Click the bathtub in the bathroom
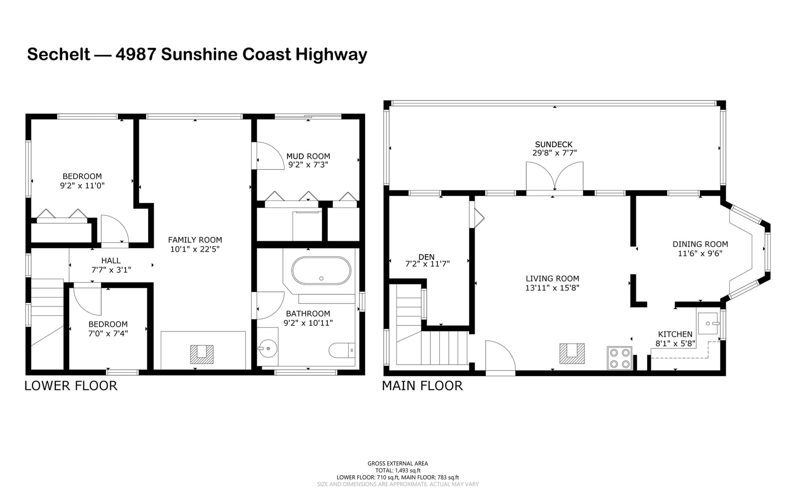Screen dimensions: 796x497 (x=321, y=270)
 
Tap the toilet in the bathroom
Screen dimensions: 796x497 (x=341, y=350)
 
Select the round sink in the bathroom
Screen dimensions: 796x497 (x=267, y=349)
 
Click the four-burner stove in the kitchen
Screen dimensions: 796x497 (x=619, y=358)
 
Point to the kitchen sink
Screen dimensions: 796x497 (x=708, y=323)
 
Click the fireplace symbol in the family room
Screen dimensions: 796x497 (x=202, y=354)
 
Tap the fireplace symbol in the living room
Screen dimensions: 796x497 (x=572, y=353)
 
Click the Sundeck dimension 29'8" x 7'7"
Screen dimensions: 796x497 (x=554, y=153)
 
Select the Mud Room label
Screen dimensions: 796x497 (x=308, y=156)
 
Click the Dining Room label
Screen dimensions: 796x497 (x=700, y=244)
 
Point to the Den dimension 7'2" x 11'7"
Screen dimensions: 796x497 (x=427, y=264)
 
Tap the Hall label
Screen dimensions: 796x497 (x=111, y=260)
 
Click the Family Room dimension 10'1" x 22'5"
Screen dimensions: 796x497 (x=195, y=249)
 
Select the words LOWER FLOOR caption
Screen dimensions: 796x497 (x=71, y=386)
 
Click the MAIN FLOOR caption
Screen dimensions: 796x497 (x=422, y=386)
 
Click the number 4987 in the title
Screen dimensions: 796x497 (x=136, y=54)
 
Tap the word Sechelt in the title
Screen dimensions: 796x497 (x=59, y=54)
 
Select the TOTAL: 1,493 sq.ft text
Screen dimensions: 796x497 (x=398, y=470)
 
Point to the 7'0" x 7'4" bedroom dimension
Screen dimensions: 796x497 (x=108, y=333)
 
